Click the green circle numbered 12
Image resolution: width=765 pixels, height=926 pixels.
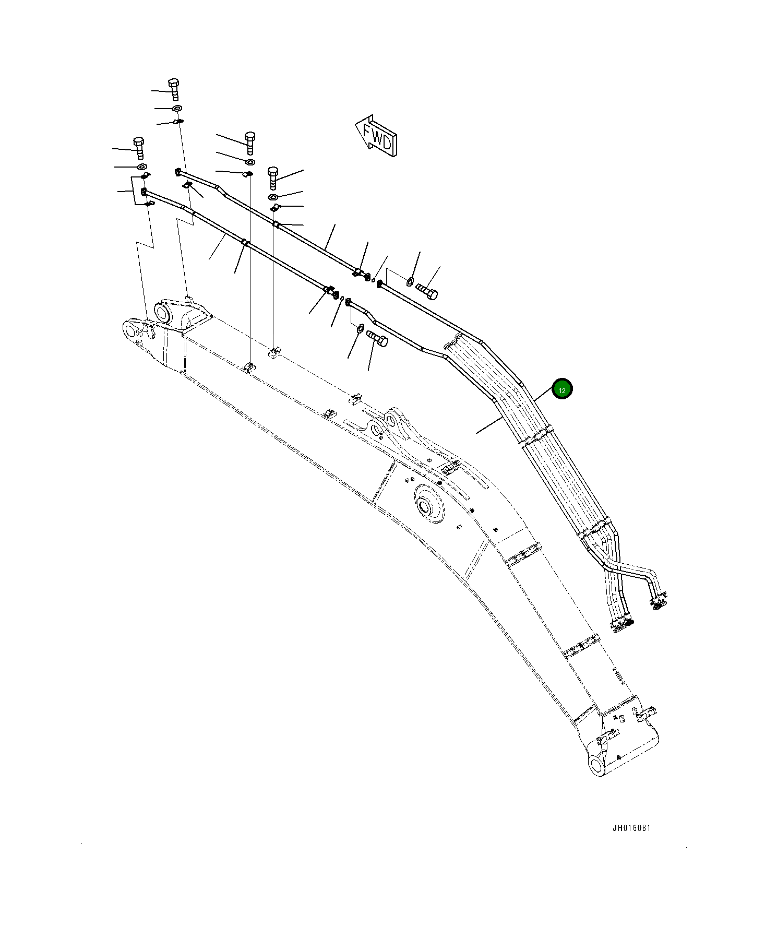click(562, 389)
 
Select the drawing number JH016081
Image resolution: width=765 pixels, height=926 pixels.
click(631, 828)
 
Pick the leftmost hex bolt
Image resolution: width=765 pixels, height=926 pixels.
click(138, 148)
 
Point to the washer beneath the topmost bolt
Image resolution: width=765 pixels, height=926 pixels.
click(177, 108)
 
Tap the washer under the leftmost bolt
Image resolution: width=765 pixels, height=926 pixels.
click(141, 167)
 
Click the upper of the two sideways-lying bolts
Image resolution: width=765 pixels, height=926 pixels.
click(426, 290)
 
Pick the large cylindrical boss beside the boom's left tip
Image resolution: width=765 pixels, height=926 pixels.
click(163, 313)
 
